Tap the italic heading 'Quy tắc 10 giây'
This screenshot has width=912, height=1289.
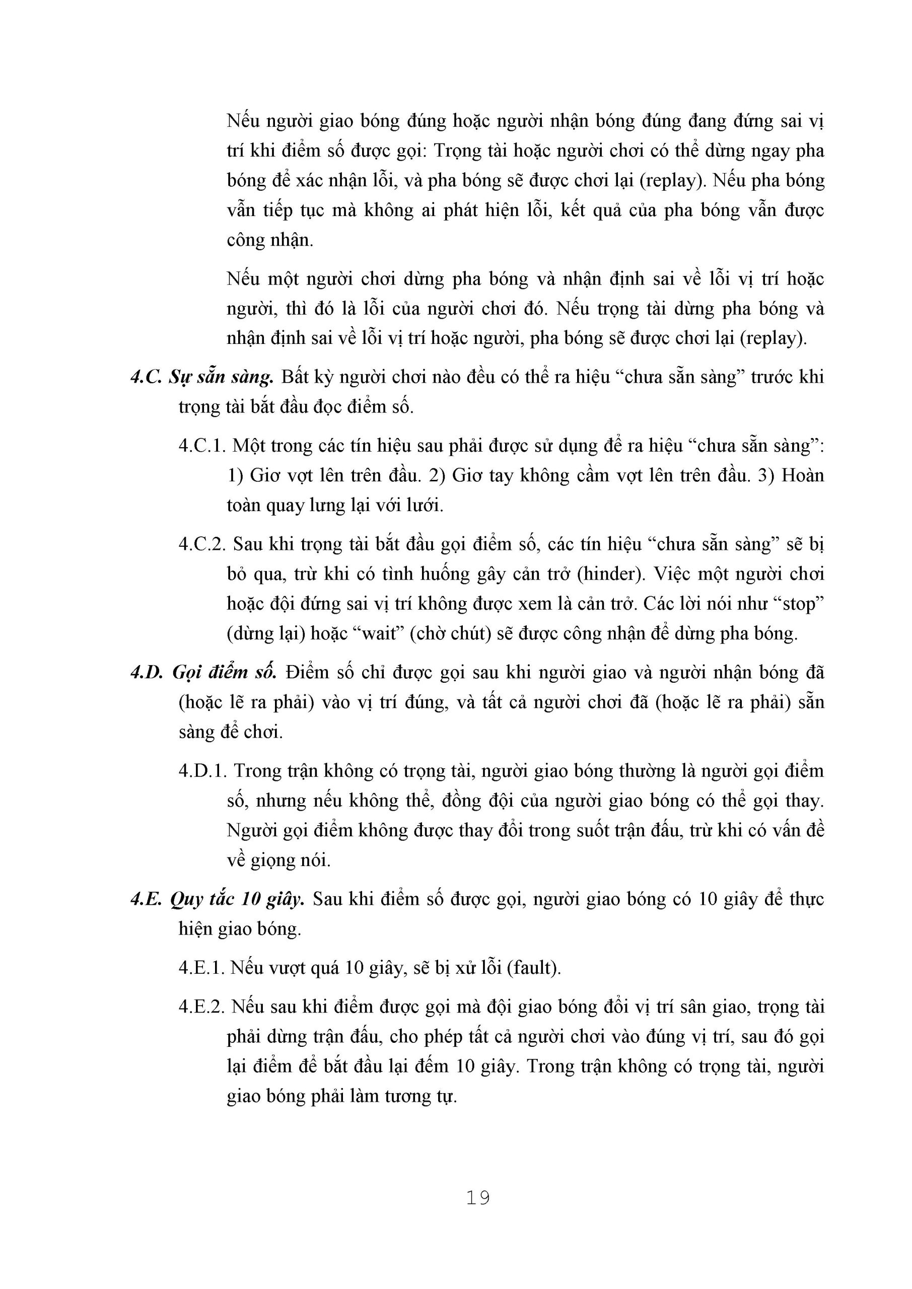237,899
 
